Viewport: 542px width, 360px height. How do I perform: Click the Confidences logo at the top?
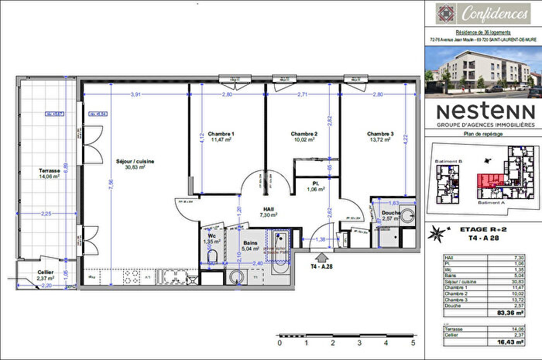(482, 12)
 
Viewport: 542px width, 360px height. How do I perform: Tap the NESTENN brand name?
(482, 110)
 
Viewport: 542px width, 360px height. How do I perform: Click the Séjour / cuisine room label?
(135, 160)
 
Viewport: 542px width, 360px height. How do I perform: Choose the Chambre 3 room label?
(382, 134)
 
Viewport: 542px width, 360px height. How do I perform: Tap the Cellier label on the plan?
(45, 272)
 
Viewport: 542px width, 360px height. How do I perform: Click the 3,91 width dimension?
(135, 94)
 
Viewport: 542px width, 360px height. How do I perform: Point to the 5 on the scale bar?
(413, 341)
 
